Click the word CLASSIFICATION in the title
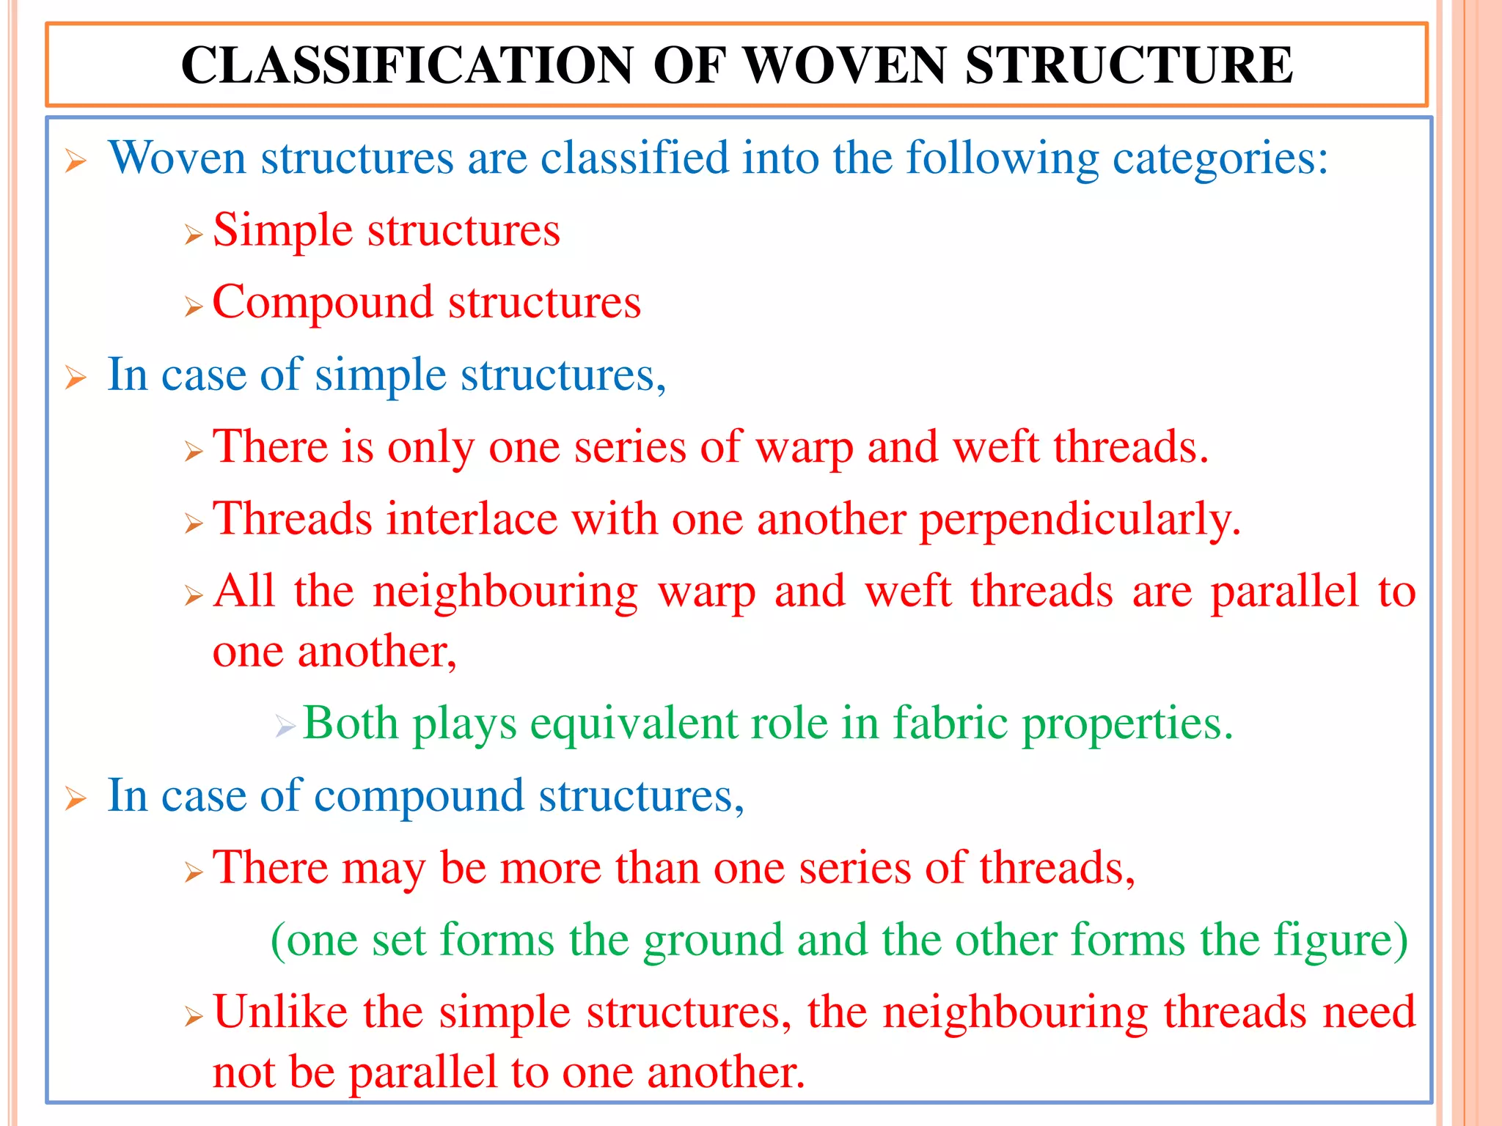407,66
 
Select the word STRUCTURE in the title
1129,66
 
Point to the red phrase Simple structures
387,230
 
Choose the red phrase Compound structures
426,302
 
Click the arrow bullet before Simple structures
194,235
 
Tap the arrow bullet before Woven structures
76,161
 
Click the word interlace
472,519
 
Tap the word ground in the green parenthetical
713,941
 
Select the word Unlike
280,1012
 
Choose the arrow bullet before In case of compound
76,799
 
